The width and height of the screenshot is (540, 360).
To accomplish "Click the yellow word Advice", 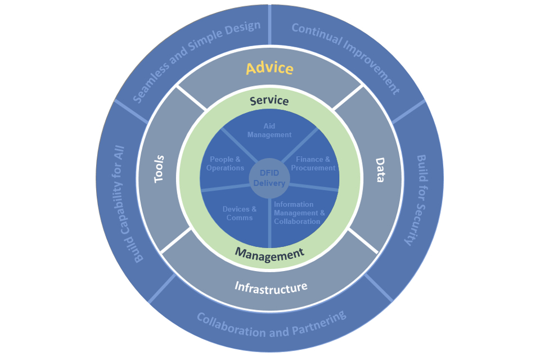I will [x=269, y=69].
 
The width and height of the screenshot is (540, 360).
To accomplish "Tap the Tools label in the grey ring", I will [x=159, y=168].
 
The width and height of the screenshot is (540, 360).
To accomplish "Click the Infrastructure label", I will [x=271, y=287].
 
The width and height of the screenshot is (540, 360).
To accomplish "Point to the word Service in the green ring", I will [x=269, y=101].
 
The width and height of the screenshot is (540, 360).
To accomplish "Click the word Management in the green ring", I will [x=269, y=253].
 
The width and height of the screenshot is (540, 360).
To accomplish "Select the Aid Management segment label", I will [x=269, y=130].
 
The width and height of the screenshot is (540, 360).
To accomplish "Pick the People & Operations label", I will [x=225, y=164].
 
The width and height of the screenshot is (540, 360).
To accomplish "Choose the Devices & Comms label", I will [x=239, y=213].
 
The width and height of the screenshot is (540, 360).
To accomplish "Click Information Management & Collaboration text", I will [x=299, y=213].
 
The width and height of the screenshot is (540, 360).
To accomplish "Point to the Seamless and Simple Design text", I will [x=196, y=62].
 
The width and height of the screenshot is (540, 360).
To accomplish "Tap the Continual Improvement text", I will [x=345, y=58].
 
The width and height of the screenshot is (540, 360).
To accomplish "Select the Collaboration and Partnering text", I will [x=271, y=325].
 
